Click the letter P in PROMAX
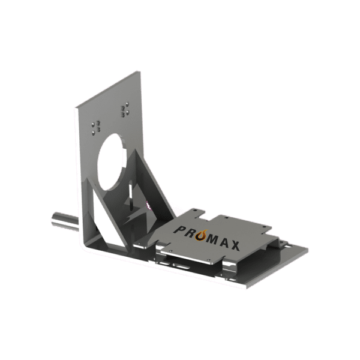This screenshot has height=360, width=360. click(x=180, y=229)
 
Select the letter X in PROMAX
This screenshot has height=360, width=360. click(x=235, y=245)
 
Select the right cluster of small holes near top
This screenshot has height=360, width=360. click(x=124, y=110)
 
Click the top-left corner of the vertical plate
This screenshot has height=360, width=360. click(x=76, y=109)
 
